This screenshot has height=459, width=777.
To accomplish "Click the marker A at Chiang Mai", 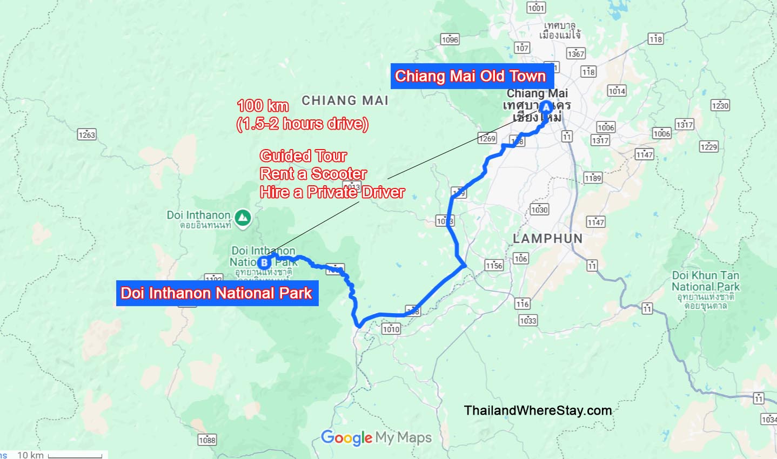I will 546,107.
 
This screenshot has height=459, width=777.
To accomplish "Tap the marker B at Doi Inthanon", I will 264,262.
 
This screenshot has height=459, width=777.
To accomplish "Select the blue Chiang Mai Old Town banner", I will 470,76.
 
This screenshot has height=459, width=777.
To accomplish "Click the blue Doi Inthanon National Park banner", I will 217,293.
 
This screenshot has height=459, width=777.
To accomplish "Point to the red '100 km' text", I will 263,105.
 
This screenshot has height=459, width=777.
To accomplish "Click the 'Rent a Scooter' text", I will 313,174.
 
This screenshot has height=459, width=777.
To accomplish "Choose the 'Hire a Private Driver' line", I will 332,192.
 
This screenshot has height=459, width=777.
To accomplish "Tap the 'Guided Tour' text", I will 303,156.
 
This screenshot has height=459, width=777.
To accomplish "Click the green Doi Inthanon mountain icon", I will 243,218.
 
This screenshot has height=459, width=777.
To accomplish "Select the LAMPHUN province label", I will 547,239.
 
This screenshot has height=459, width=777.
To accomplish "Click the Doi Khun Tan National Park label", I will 705,281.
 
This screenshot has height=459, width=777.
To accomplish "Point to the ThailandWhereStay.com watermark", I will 538,410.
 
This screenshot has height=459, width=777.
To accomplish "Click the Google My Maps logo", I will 376,437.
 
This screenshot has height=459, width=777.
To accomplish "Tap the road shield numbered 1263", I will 86,134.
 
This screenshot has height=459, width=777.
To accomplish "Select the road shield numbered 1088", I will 207,440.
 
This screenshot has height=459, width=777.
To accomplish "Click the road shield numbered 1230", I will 720,105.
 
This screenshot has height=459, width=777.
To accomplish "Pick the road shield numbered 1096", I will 450,39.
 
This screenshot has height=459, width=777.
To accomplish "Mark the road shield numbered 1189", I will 593,178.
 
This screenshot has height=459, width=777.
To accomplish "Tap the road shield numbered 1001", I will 536,8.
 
